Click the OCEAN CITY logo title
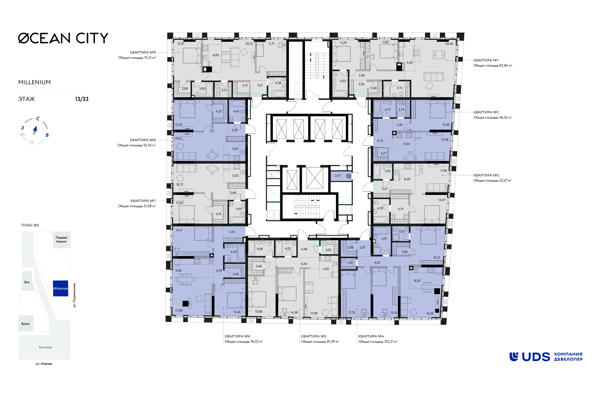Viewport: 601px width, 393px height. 63,38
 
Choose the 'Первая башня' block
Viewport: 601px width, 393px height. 61,239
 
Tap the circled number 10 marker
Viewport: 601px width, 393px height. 348,176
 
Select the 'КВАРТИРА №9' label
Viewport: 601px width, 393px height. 143,53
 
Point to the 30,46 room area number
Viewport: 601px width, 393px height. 449,44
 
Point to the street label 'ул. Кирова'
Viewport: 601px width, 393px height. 44,364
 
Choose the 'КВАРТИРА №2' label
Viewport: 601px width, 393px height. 486,112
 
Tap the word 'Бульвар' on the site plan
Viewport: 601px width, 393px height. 46,347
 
